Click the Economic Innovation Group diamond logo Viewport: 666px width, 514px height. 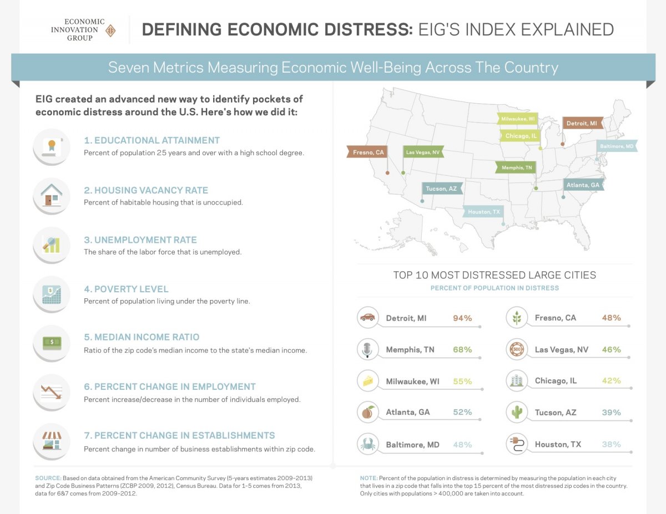[110, 30]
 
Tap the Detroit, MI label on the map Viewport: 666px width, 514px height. [582, 123]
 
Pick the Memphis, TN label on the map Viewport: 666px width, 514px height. [516, 167]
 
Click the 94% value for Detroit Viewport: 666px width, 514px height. [462, 318]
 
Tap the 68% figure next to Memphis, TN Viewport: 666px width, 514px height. [462, 350]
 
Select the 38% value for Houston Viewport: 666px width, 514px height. [611, 444]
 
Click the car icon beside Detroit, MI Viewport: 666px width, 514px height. [367, 318]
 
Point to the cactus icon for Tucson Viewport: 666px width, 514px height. [516, 412]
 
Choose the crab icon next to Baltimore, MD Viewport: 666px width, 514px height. [367, 444]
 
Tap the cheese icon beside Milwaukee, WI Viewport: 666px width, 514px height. [367, 381]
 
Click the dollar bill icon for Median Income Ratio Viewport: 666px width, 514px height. [51, 343]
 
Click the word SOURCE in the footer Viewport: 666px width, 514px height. [48, 478]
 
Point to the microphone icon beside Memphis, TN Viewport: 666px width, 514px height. [367, 349]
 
